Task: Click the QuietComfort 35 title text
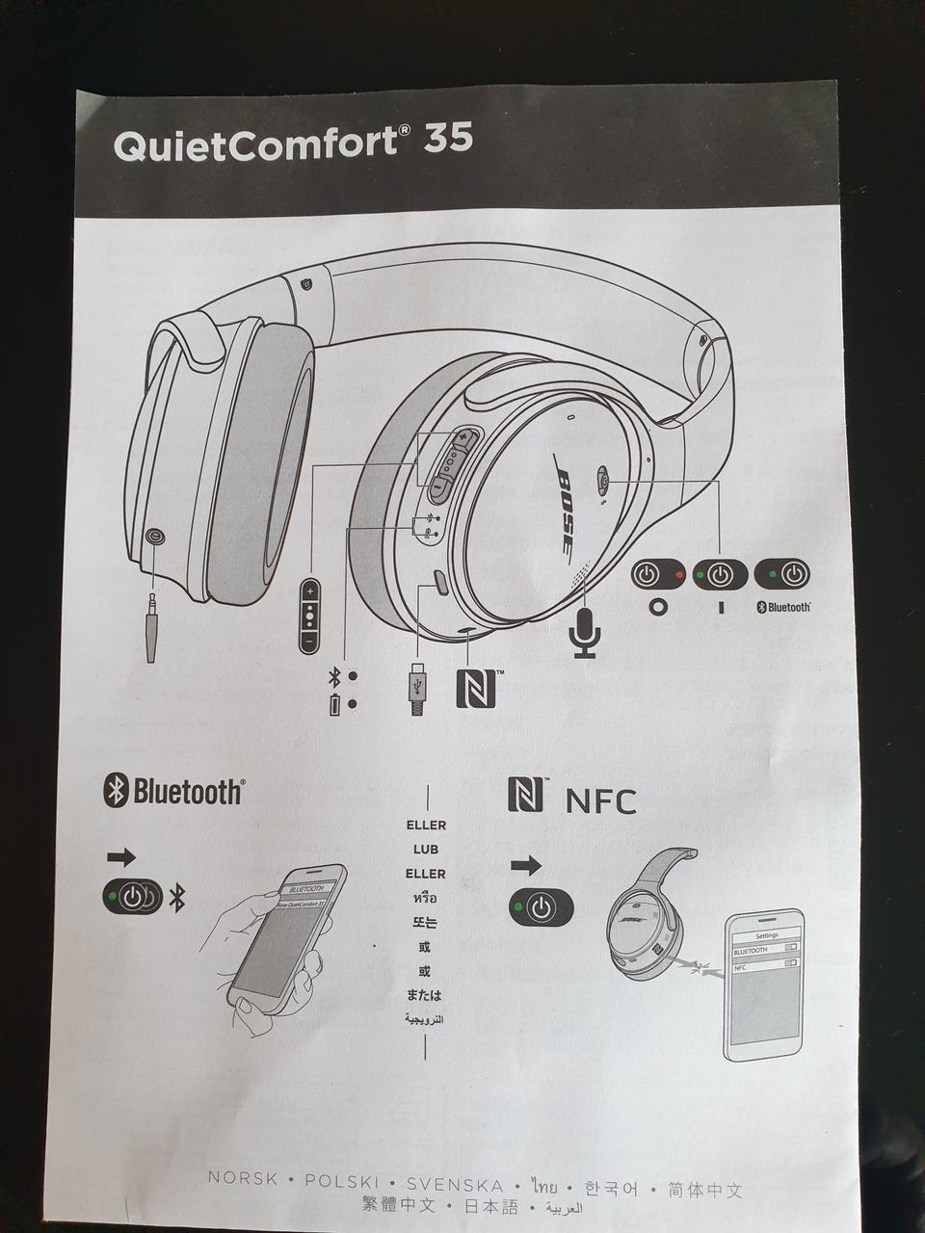tap(293, 142)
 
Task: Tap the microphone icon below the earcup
tap(585, 631)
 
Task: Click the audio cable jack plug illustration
tap(151, 627)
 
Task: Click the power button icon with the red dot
tap(657, 575)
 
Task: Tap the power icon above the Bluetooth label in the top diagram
tap(782, 575)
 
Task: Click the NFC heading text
tap(599, 800)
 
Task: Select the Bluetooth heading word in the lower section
tap(187, 792)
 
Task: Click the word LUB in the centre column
tap(425, 850)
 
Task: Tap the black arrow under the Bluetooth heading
tap(120, 856)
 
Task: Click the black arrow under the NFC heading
tap(525, 865)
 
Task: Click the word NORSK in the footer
tap(243, 1179)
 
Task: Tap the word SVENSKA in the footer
tap(455, 1185)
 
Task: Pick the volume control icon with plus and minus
tap(309, 616)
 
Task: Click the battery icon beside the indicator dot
tap(334, 704)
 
